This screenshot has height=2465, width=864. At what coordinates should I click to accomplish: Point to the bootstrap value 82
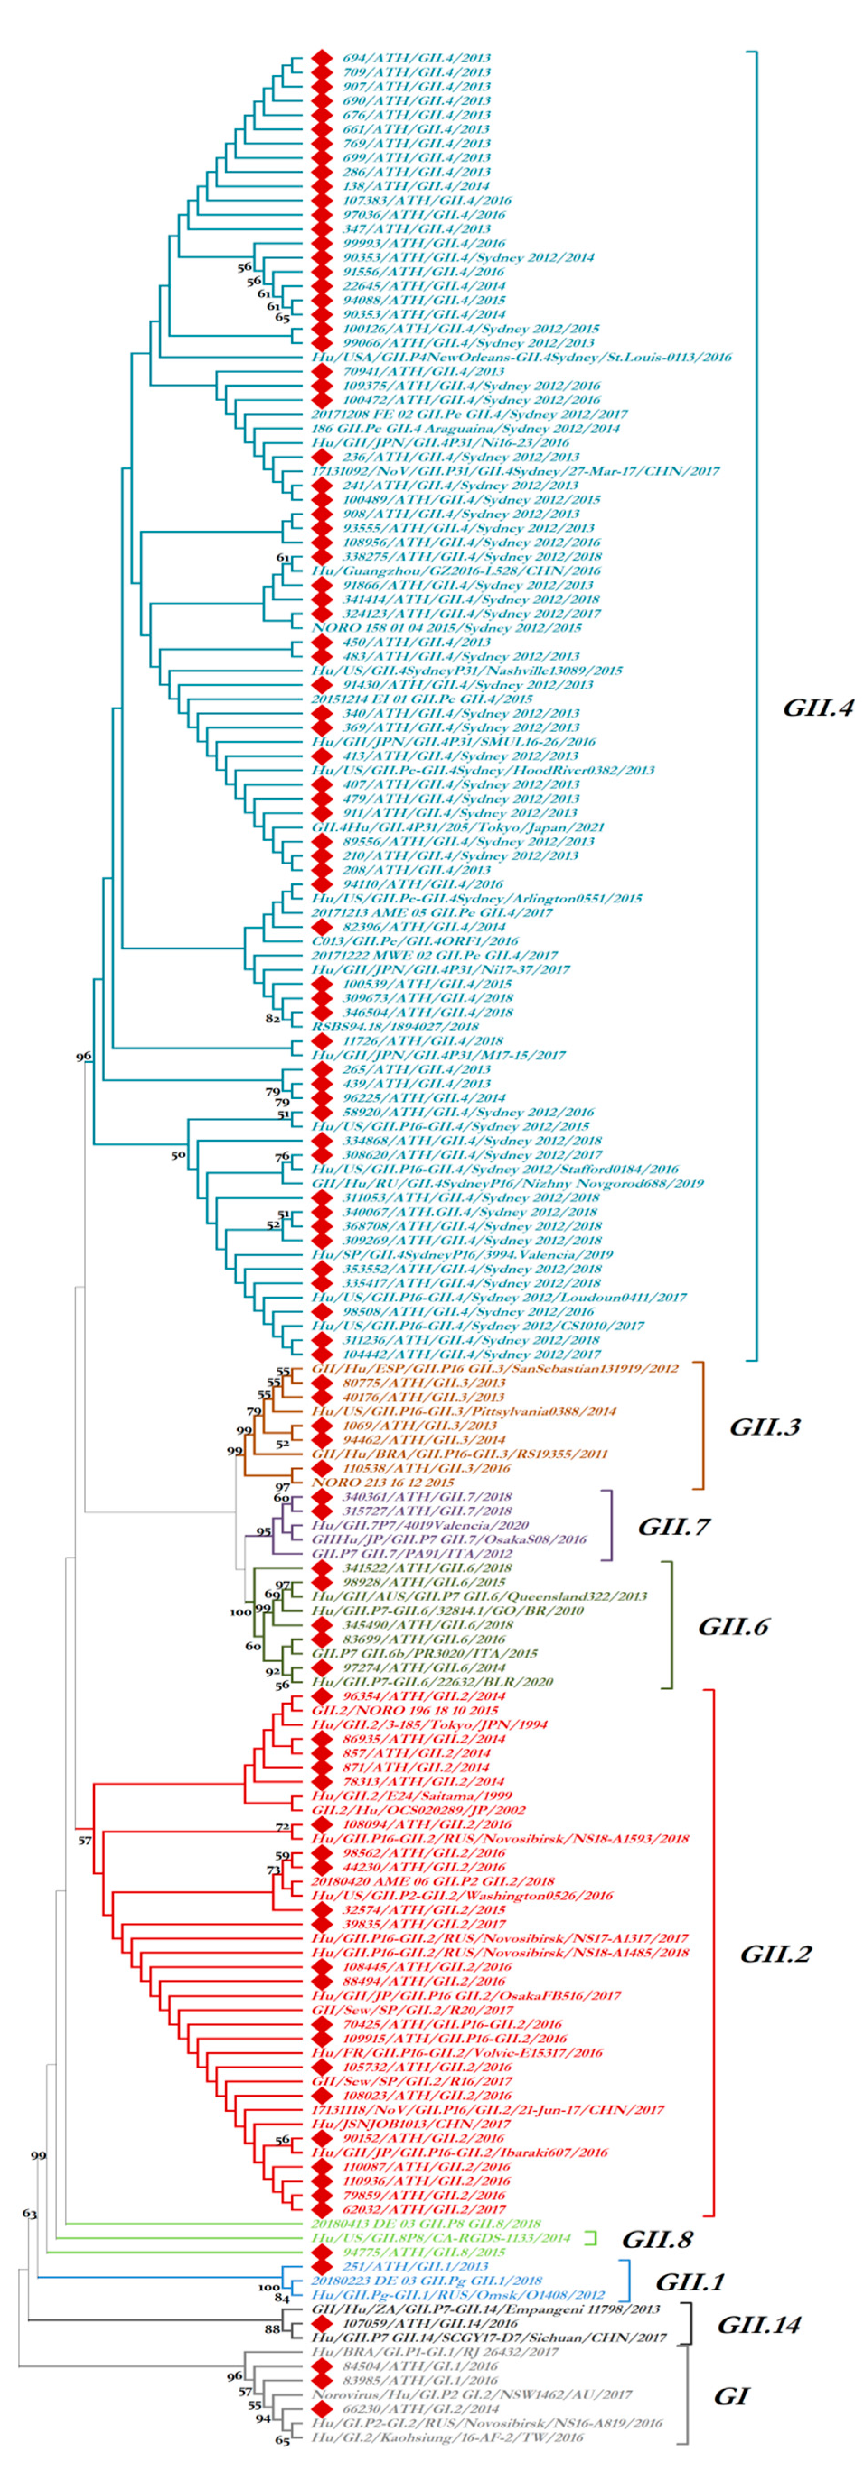click(272, 1018)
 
